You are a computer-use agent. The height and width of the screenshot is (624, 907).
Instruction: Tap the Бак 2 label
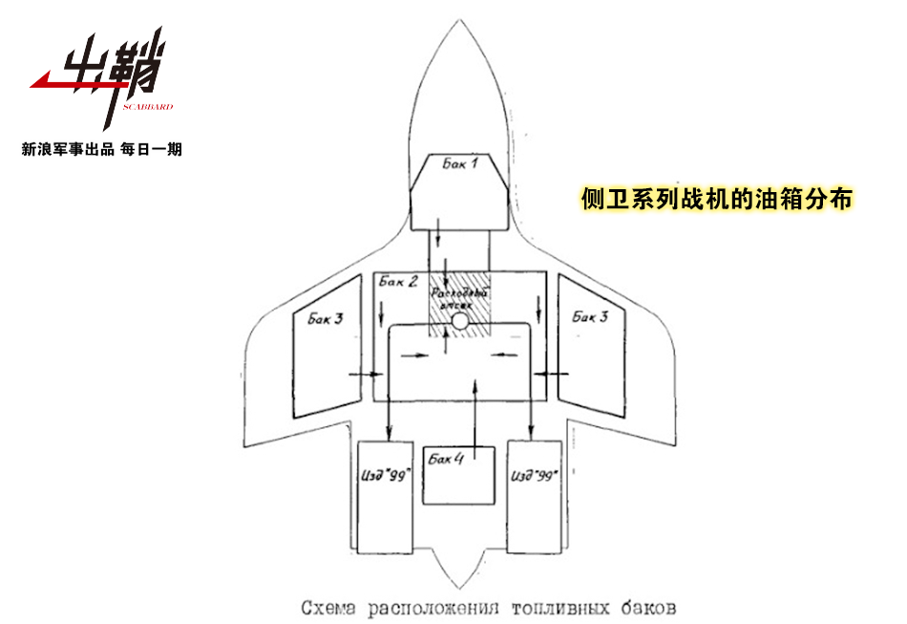tap(397, 282)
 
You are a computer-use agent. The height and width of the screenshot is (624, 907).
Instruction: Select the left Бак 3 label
tap(325, 318)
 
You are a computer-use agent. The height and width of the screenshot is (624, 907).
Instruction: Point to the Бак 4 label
tap(446, 460)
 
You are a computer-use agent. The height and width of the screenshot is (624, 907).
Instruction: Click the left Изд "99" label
tap(385, 475)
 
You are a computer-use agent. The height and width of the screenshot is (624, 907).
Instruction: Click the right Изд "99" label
tap(535, 475)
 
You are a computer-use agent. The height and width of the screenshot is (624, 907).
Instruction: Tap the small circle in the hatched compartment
tap(459, 323)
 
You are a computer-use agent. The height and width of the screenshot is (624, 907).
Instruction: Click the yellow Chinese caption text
tap(716, 199)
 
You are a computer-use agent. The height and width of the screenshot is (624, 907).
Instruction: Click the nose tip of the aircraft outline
tap(459, 22)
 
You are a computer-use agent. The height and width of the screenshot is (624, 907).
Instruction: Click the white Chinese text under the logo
tap(101, 149)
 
